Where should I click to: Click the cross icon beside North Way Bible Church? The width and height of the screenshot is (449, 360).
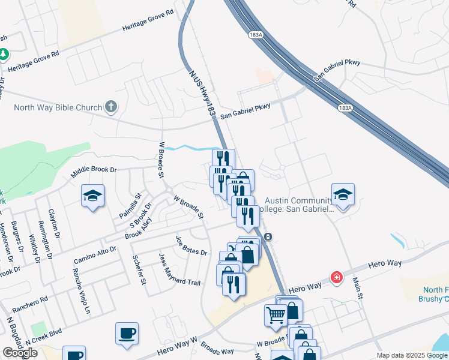click(110, 107)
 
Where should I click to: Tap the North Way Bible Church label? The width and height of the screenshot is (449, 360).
click(58, 108)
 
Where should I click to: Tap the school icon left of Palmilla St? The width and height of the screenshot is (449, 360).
click(93, 196)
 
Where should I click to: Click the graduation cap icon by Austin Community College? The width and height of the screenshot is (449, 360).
click(343, 195)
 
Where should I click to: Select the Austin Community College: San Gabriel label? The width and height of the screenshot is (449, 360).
click(298, 205)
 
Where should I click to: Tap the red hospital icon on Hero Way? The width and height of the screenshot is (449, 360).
click(337, 277)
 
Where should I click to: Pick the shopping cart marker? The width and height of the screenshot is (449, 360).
click(276, 314)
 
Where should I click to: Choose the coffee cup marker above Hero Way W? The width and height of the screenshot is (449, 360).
click(127, 334)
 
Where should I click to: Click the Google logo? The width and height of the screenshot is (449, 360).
click(20, 353)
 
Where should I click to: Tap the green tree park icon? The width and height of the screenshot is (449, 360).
click(4, 55)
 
